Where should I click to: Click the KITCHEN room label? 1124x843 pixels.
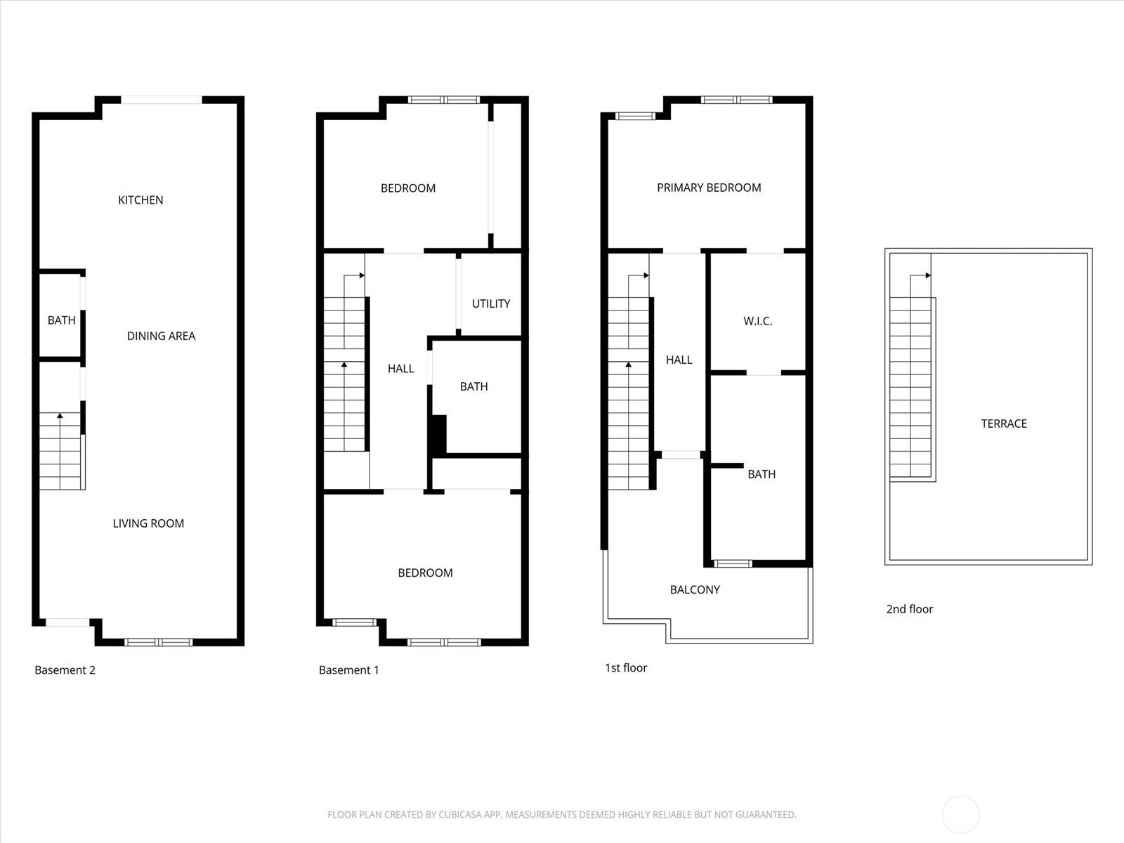pyautogui.click(x=140, y=200)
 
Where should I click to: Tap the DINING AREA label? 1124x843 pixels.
pyautogui.click(x=161, y=336)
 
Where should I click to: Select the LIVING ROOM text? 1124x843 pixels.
pyautogui.click(x=148, y=523)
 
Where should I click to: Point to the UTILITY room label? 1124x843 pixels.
pyautogui.click(x=490, y=303)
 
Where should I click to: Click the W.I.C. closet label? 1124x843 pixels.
pyautogui.click(x=757, y=321)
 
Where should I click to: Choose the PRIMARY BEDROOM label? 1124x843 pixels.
pyautogui.click(x=709, y=188)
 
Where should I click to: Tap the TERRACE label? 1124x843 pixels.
pyautogui.click(x=1003, y=424)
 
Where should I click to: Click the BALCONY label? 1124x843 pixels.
pyautogui.click(x=695, y=589)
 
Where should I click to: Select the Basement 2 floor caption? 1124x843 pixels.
pyautogui.click(x=65, y=670)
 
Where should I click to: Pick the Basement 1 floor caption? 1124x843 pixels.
pyautogui.click(x=348, y=670)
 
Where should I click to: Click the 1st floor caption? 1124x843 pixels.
pyautogui.click(x=626, y=668)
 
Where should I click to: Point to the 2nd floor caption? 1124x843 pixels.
pyautogui.click(x=909, y=609)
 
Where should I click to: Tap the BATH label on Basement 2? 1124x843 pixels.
pyautogui.click(x=61, y=320)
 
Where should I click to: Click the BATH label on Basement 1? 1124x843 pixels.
pyautogui.click(x=473, y=386)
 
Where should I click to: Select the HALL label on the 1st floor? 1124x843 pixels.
pyautogui.click(x=679, y=360)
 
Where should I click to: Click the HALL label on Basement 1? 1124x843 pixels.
pyautogui.click(x=400, y=368)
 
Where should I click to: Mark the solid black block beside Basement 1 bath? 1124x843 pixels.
pyautogui.click(x=438, y=434)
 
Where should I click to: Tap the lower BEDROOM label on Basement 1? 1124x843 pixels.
pyautogui.click(x=425, y=573)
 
